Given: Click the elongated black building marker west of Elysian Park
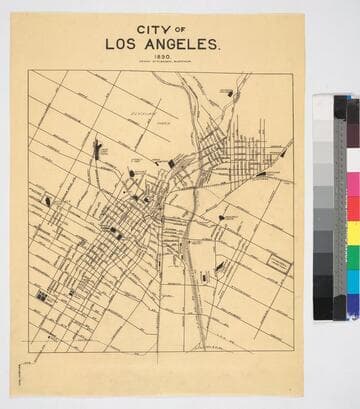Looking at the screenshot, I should pyautogui.click(x=97, y=150).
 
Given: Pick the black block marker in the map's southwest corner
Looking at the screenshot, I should pyautogui.click(x=42, y=297).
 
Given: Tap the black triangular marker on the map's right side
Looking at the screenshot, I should pyautogui.click(x=262, y=174).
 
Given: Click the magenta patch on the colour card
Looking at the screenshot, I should pyautogui.click(x=352, y=186).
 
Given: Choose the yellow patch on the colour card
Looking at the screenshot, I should pyautogui.click(x=352, y=234).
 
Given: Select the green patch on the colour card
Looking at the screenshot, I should pyautogui.click(x=352, y=258).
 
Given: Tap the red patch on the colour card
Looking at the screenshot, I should pyautogui.click(x=352, y=210).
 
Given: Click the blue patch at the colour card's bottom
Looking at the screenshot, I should pyautogui.click(x=352, y=306).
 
